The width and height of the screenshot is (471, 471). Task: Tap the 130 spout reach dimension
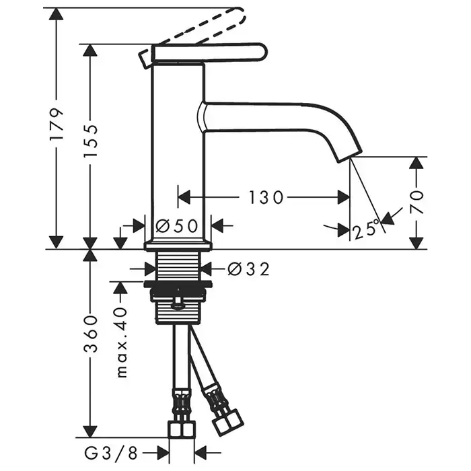pyautogui.click(x=266, y=197)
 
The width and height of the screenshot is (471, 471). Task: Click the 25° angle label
pyautogui.click(x=367, y=231)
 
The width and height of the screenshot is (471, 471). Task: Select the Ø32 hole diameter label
pyautogui.click(x=248, y=269)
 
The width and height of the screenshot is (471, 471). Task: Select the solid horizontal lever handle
pyautogui.click(x=209, y=53)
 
